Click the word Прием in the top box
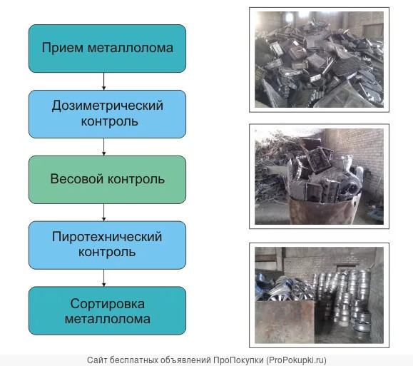[x=63, y=48]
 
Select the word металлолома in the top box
[x=131, y=49]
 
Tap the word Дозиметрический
[x=108, y=106]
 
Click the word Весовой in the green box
[x=76, y=179]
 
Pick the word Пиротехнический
[x=107, y=237]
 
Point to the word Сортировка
[x=108, y=305]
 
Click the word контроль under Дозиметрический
[x=109, y=122]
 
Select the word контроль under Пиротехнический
[x=107, y=253]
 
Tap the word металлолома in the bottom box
[x=108, y=320]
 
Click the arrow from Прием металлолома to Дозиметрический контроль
[x=103, y=81]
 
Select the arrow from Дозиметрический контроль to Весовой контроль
[x=103, y=147]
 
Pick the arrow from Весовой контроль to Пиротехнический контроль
[x=103, y=213]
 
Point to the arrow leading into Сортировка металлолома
[x=103, y=278]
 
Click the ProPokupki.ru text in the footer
[x=296, y=360]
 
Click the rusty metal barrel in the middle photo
[x=323, y=210]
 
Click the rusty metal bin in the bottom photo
[x=285, y=322]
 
